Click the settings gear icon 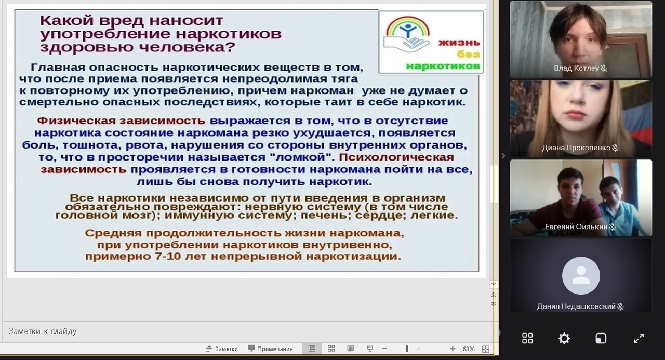[x=564, y=339]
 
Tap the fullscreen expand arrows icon [x=639, y=338]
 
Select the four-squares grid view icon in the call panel [x=527, y=338]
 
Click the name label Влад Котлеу [x=576, y=68]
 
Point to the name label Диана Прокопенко [x=576, y=148]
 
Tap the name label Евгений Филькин [x=576, y=227]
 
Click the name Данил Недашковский [x=576, y=306]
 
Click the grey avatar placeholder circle [x=581, y=276]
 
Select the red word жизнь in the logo [x=459, y=43]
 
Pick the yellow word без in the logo [x=469, y=55]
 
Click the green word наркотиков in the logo [x=443, y=66]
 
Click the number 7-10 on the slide [x=168, y=256]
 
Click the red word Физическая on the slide [x=76, y=121]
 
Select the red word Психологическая [x=396, y=157]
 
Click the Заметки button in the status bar [x=222, y=349]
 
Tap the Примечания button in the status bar [x=270, y=349]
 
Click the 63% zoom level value [x=468, y=349]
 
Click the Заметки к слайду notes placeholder [x=43, y=331]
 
